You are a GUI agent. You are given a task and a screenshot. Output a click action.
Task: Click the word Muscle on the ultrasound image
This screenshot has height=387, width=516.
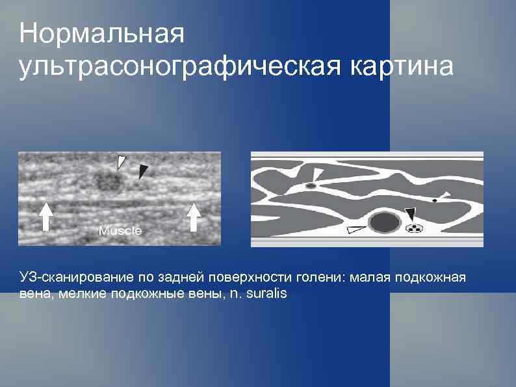tap(120, 231)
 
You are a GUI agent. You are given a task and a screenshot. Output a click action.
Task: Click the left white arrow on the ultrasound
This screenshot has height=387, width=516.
tap(46, 217)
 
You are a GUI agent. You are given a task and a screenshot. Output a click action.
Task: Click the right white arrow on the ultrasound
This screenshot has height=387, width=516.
tap(193, 217)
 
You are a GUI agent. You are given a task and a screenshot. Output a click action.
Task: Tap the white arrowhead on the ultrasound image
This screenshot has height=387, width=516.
tap(122, 161)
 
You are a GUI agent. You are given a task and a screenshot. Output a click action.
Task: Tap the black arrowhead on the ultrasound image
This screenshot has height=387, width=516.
tap(143, 171)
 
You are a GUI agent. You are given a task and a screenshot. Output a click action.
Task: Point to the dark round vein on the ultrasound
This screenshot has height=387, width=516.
tap(107, 180)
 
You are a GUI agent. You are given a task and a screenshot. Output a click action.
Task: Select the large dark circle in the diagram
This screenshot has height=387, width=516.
tap(384, 222)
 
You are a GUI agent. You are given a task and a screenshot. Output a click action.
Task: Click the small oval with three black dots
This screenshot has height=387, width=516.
tap(414, 228)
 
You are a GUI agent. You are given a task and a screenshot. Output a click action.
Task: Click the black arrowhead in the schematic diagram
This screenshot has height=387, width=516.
tap(410, 214)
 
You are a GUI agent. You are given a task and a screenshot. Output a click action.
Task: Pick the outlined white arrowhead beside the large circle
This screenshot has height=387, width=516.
tap(355, 228)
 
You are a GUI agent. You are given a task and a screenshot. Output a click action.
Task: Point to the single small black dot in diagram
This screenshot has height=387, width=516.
tap(434, 200)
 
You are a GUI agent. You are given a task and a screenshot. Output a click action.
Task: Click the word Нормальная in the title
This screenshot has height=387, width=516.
tap(101, 34)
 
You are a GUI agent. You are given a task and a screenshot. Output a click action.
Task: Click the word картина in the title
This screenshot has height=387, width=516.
tap(402, 66)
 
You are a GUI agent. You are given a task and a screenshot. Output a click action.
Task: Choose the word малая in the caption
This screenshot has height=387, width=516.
tap(370, 278)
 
